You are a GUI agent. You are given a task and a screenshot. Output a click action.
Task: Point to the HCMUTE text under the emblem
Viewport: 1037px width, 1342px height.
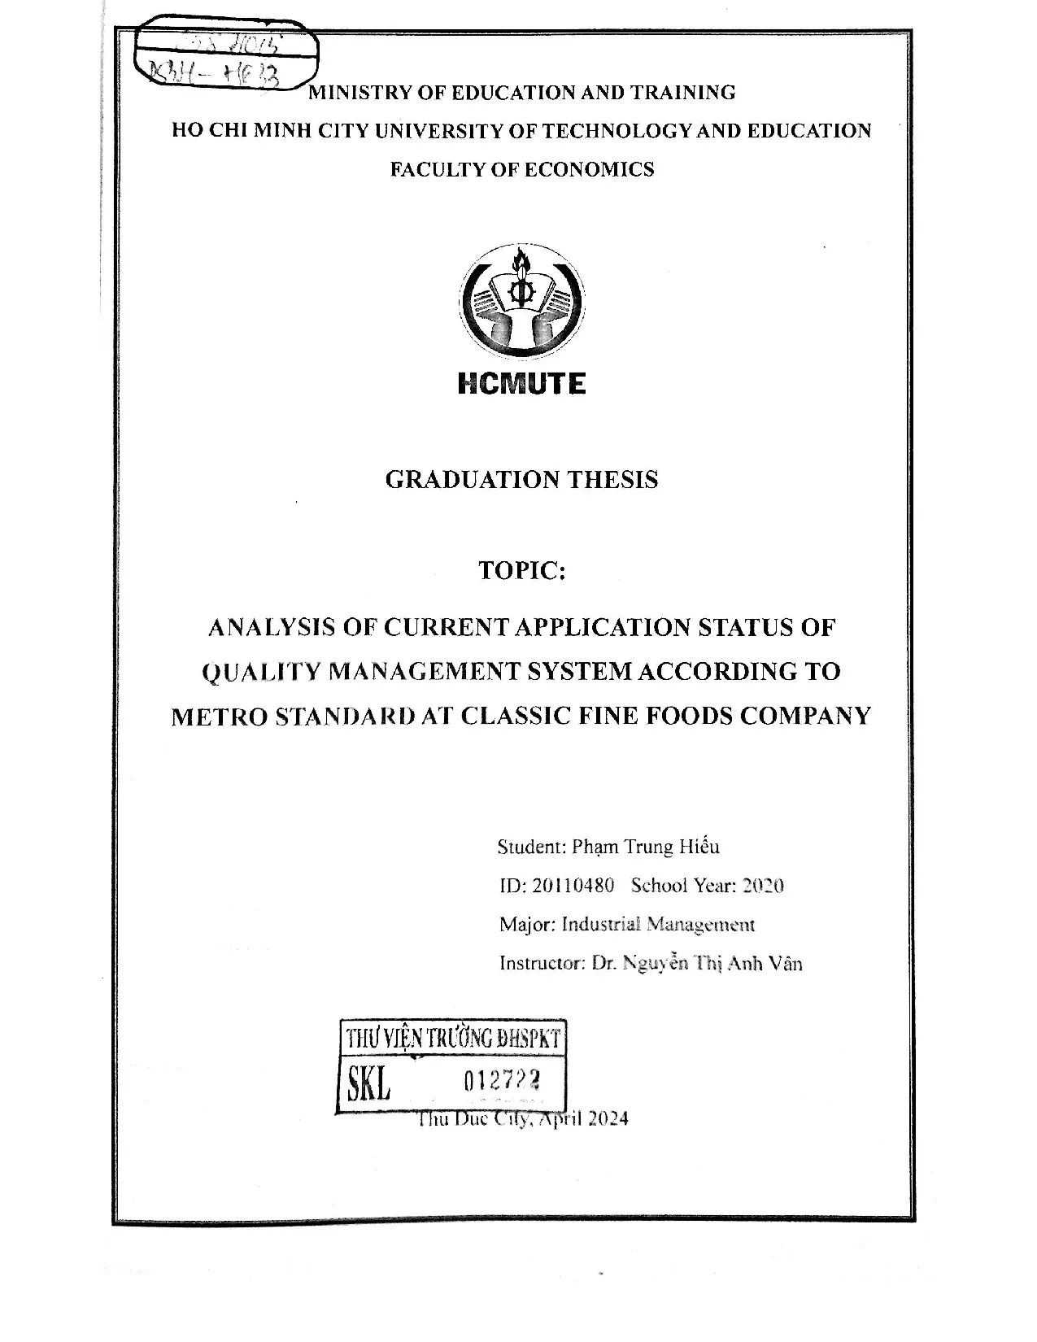coord(521,384)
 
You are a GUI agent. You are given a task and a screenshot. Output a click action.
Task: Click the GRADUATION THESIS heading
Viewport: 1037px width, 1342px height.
coord(521,480)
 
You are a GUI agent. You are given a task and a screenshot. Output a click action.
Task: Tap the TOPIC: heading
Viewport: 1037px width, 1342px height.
coord(521,571)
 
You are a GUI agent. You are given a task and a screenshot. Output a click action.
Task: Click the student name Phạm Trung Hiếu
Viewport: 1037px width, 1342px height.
coord(645,847)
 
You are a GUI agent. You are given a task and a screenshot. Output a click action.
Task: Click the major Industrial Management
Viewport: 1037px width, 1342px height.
coord(658,925)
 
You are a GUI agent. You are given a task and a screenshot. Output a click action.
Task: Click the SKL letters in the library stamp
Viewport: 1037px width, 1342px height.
coord(369,1082)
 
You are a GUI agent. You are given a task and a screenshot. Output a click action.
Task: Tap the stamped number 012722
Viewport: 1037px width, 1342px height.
coord(502,1081)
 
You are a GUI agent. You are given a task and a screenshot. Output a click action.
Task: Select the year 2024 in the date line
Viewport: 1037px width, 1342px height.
coord(607,1118)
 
